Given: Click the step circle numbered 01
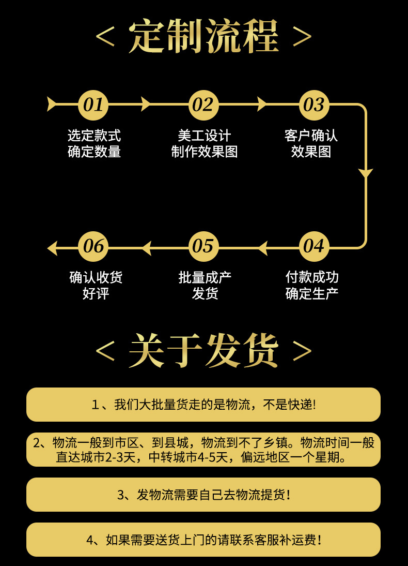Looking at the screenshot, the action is tap(93, 105).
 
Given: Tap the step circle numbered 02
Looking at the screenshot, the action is tap(203, 105).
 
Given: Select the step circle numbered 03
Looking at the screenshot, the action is tap(313, 105).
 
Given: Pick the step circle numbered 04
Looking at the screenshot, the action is tap(313, 246).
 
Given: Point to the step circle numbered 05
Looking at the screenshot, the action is tap(203, 246).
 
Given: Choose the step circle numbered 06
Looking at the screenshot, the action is tap(93, 246).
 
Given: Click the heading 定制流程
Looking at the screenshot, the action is tap(204, 37).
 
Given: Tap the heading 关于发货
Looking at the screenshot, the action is tap(204, 350).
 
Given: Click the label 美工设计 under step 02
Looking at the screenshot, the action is tap(204, 136).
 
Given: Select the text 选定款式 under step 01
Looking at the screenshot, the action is tap(94, 136).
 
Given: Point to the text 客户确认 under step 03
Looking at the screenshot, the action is tap(311, 136).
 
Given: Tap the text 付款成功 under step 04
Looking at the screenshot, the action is tap(312, 277).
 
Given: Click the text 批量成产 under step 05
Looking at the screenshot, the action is tap(205, 277).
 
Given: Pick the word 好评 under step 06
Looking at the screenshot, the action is tap(96, 293).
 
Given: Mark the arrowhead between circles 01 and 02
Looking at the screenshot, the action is tap(146, 104).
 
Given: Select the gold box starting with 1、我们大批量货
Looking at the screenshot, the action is tap(203, 405).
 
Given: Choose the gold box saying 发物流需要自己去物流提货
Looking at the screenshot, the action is tap(203, 495).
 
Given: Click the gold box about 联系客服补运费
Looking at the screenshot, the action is tap(203, 540).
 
